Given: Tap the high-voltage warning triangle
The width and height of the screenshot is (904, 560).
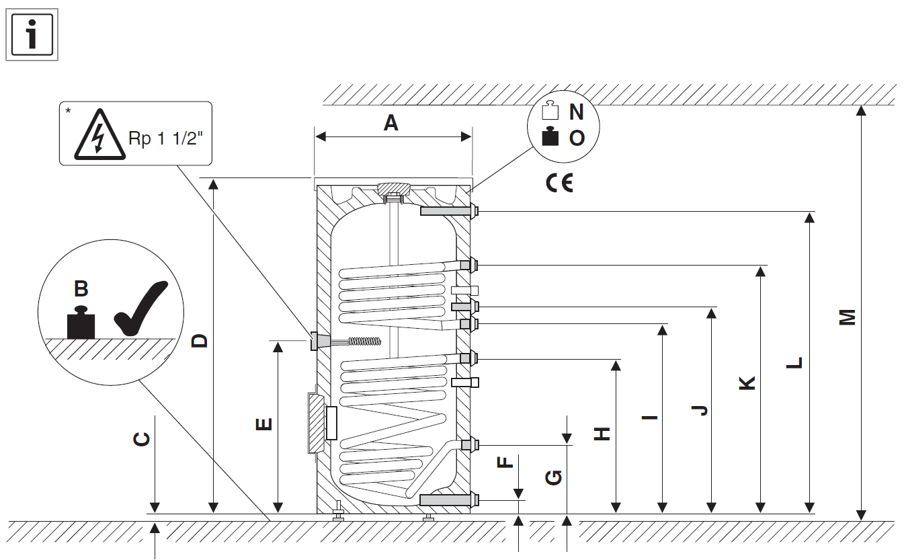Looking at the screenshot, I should click(x=99, y=137).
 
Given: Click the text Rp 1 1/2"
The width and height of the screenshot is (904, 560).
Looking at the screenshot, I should click(x=165, y=139).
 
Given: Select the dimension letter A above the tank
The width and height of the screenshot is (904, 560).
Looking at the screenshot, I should click(x=391, y=123).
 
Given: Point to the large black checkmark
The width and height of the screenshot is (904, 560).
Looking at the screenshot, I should click(x=140, y=310).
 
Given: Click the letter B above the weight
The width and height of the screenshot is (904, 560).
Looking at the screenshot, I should click(x=81, y=289).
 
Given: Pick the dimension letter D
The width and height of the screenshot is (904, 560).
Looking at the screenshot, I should click(x=200, y=341).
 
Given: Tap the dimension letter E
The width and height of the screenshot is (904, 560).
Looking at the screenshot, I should click(x=264, y=424).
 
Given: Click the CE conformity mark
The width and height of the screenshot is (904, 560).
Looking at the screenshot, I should click(x=559, y=184).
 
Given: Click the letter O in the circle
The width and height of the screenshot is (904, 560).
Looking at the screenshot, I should click(x=577, y=138).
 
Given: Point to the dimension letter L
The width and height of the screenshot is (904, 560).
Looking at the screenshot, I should click(x=795, y=362).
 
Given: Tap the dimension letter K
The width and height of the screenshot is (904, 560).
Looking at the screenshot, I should click(x=747, y=383).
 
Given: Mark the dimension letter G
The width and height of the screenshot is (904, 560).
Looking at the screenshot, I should click(x=554, y=477).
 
